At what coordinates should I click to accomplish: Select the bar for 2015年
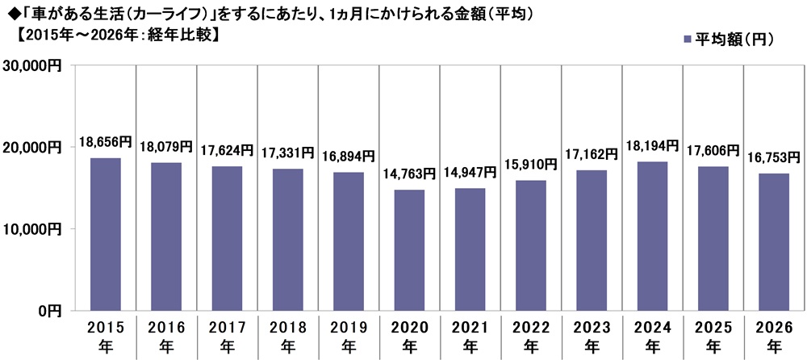click(x=105, y=234)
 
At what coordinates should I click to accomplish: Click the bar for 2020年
click(x=409, y=249)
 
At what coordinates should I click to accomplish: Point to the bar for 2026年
click(x=774, y=241)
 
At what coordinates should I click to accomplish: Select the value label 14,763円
click(x=409, y=174)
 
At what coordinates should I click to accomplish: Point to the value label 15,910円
click(x=530, y=165)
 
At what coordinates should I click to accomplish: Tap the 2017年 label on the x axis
click(x=227, y=337)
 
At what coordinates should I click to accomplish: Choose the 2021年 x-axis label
click(x=470, y=337)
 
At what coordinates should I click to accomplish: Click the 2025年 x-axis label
click(x=713, y=337)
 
